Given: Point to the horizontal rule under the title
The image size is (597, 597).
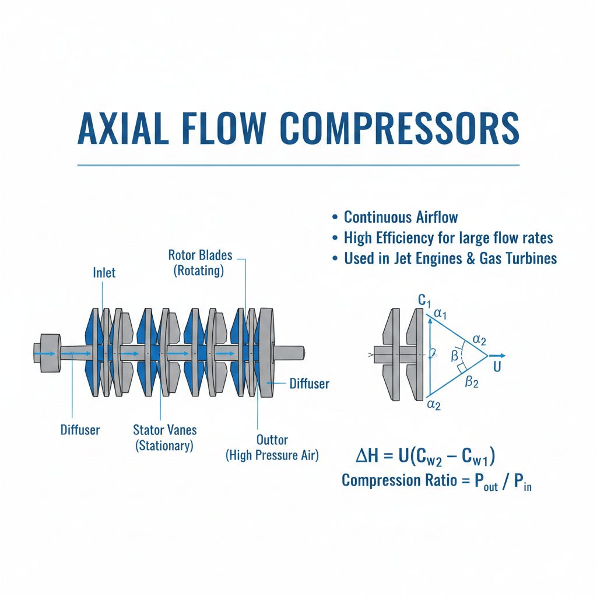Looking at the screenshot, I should [x=298, y=165].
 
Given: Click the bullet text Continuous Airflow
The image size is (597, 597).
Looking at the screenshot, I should [x=401, y=217].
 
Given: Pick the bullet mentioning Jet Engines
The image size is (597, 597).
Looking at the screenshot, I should [x=450, y=258].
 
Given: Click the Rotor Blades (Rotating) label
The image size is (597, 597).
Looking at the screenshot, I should [x=200, y=262].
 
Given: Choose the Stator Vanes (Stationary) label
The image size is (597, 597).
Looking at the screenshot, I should [x=165, y=437].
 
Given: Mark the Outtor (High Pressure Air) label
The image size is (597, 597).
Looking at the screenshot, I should [x=272, y=447].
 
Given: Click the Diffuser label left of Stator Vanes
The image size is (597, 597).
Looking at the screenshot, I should [x=80, y=430].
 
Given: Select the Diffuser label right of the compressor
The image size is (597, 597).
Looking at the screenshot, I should [x=310, y=384].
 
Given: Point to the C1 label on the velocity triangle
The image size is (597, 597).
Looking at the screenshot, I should [x=424, y=301].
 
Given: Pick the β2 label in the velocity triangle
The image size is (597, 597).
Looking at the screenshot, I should [x=472, y=382].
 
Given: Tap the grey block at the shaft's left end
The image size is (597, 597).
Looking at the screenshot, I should [x=48, y=353].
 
